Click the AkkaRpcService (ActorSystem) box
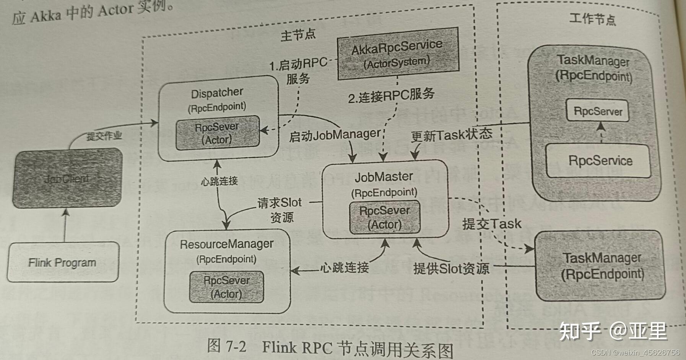[398, 54]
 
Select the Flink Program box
[62, 262]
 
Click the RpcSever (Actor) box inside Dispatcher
[217, 133]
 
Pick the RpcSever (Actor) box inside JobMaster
[385, 217]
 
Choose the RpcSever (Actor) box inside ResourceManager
[226, 287]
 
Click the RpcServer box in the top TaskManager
[598, 111]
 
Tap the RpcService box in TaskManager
[600, 161]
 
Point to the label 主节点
[298, 35]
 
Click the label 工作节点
[592, 19]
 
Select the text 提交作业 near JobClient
[104, 136]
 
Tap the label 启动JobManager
[335, 135]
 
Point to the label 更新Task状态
[451, 135]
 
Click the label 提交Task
[491, 224]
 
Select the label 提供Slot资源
[451, 268]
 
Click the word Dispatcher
[217, 93]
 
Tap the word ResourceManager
[226, 244]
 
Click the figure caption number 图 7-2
[227, 346]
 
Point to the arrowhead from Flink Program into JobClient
[66, 212]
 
